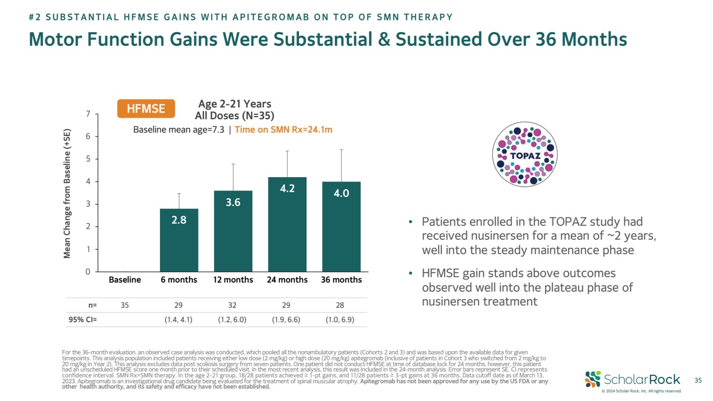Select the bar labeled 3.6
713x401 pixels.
(233, 231)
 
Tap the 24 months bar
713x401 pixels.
(287, 224)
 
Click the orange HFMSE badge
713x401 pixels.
(146, 109)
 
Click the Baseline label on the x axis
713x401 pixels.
(125, 280)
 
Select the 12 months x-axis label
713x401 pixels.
(233, 280)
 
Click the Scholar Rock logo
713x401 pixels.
(633, 379)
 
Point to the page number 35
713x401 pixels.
(697, 381)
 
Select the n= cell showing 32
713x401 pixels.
(233, 305)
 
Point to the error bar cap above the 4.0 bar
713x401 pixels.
(341, 150)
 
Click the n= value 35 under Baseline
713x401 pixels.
(125, 305)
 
